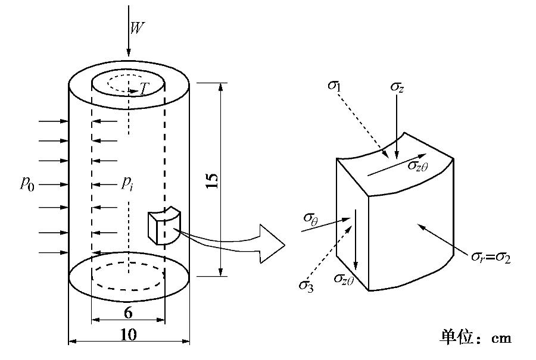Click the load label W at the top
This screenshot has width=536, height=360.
[x=137, y=28]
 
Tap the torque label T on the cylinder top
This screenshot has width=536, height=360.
[x=144, y=89]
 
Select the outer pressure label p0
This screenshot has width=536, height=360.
[x=27, y=183]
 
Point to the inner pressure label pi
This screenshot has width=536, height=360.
[x=127, y=183]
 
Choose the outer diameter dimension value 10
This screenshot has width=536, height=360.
[x=128, y=334]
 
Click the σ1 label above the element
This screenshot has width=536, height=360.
[x=335, y=84]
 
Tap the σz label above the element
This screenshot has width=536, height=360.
[x=398, y=87]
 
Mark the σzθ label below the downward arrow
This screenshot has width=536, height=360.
[x=344, y=278]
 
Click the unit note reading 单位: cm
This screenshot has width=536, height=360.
[x=475, y=337]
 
